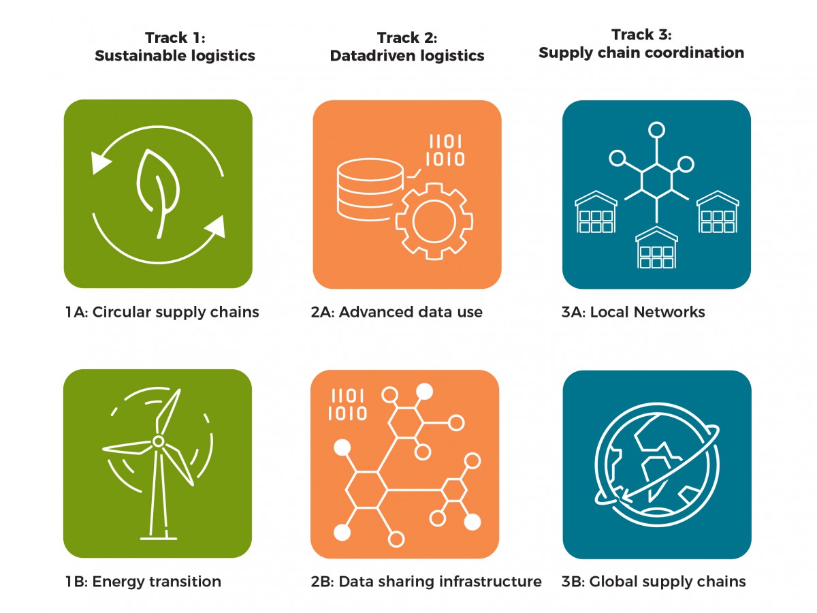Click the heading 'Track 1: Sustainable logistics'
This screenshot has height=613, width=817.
[175, 47]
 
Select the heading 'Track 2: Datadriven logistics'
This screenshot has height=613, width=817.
[407, 47]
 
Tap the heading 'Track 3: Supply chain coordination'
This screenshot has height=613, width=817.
[641, 44]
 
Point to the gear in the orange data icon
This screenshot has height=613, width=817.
[434, 221]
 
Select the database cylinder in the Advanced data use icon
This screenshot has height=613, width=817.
[370, 190]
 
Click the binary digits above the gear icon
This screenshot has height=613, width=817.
[445, 151]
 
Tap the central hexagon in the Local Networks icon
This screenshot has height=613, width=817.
[656, 180]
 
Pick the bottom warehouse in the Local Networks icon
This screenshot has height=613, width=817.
[656, 247]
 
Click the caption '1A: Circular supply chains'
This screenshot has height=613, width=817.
[162, 312]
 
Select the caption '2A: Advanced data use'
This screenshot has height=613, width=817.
[397, 312]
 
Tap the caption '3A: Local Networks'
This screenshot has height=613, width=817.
[633, 312]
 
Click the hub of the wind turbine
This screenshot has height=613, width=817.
[158, 441]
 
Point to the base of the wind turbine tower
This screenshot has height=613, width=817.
[159, 538]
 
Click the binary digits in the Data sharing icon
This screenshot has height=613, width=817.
[348, 405]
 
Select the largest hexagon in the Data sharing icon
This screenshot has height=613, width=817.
[366, 490]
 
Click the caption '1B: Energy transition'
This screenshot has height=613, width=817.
[143, 582]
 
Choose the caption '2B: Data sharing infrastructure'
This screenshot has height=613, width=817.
[426, 582]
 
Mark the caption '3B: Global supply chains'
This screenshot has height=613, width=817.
[654, 582]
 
